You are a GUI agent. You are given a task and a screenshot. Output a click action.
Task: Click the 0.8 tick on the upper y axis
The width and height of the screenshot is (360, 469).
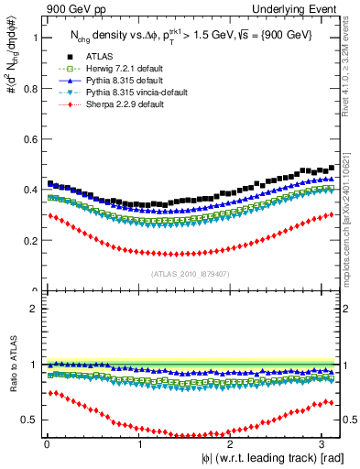[x=29, y=89]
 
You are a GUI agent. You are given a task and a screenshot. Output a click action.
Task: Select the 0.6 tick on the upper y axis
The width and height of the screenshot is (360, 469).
[x=29, y=139]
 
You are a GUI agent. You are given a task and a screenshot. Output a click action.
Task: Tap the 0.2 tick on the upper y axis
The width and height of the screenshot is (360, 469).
[x=29, y=241]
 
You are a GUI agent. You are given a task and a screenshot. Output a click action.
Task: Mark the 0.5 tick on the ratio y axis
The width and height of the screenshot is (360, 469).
[x=29, y=420]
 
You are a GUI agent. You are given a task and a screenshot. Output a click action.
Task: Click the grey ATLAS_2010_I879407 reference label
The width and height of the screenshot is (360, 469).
[x=190, y=273]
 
